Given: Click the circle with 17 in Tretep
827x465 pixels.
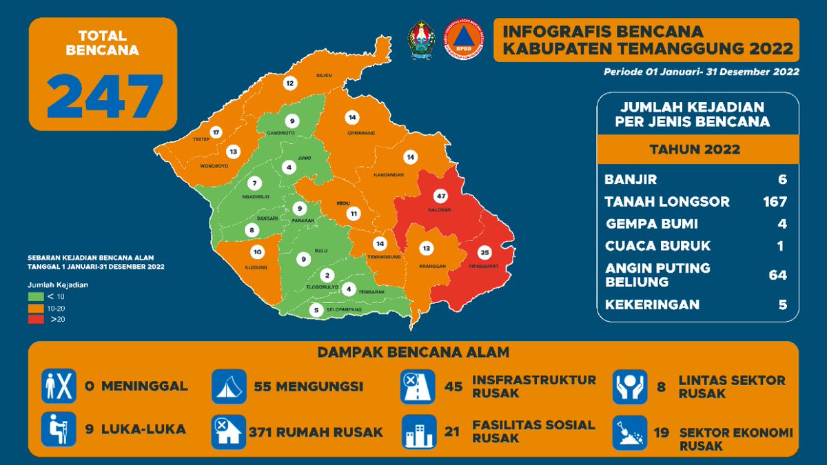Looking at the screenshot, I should pyautogui.click(x=216, y=132).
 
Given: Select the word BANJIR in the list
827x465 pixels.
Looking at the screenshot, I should pyautogui.click(x=630, y=180).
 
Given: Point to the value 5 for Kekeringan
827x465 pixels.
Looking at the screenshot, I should pyautogui.click(x=782, y=304).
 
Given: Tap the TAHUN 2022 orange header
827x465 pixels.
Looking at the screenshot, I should pyautogui.click(x=697, y=149).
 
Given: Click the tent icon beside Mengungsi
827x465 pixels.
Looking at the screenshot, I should pyautogui.click(x=228, y=386).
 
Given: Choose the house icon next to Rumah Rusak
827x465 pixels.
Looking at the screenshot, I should pyautogui.click(x=228, y=431).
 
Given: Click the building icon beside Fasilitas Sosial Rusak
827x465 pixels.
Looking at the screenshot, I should pyautogui.click(x=418, y=431).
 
